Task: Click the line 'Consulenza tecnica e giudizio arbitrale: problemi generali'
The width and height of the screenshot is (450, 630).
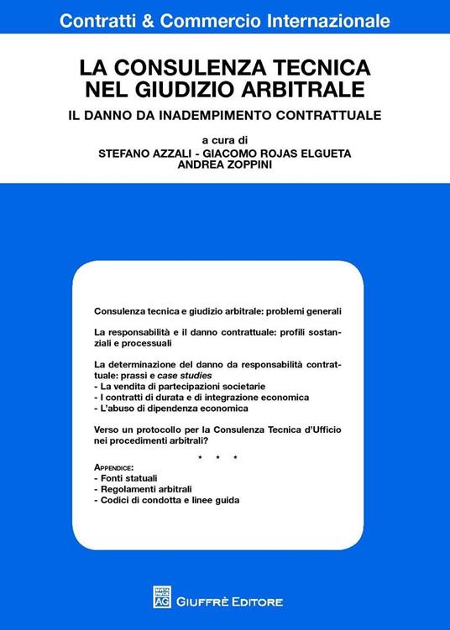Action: [222, 310]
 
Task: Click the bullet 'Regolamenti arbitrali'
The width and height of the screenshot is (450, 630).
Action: [142, 489]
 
